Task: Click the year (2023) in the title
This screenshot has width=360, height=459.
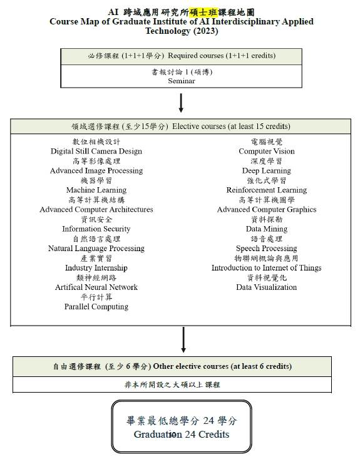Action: click(206, 31)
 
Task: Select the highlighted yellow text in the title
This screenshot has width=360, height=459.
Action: click(203, 13)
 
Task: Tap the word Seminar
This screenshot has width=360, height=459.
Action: click(182, 81)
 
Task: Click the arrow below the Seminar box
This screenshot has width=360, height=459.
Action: click(181, 103)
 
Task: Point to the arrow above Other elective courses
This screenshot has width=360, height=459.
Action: click(183, 339)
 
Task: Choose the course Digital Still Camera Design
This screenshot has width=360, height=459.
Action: click(96, 152)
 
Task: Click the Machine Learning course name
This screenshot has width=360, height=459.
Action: click(96, 190)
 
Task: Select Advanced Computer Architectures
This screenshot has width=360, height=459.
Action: click(96, 210)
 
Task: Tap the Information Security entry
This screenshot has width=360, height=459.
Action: click(96, 229)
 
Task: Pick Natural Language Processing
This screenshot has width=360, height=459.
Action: click(96, 249)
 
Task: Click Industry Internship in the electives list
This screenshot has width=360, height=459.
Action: click(96, 268)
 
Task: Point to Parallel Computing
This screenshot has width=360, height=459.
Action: click(96, 307)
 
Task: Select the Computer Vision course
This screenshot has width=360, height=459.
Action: click(267, 152)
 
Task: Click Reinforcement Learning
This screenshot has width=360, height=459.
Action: click(267, 190)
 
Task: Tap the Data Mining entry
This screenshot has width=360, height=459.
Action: click(267, 229)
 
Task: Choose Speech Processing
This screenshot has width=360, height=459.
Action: click(267, 249)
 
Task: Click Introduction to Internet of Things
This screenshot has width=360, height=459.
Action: click(266, 268)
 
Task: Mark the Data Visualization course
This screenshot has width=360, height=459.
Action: click(267, 287)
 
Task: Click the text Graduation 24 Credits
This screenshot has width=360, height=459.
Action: click(182, 435)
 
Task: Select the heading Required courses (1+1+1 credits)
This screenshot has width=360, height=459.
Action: click(222, 56)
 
